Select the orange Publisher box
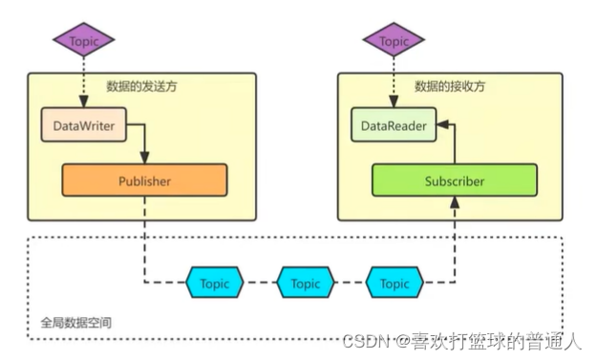point(144,180)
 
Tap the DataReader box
point(394,125)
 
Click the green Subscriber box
point(454,180)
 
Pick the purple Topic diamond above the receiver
point(394,41)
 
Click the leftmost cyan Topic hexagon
point(215,283)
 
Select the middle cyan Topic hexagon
point(305,283)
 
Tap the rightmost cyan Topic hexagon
point(394,283)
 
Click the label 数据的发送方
point(140,87)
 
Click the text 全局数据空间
point(75,322)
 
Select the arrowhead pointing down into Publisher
point(144,159)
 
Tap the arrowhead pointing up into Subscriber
point(455,201)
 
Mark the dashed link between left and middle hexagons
point(260,283)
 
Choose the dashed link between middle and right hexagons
point(350,283)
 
